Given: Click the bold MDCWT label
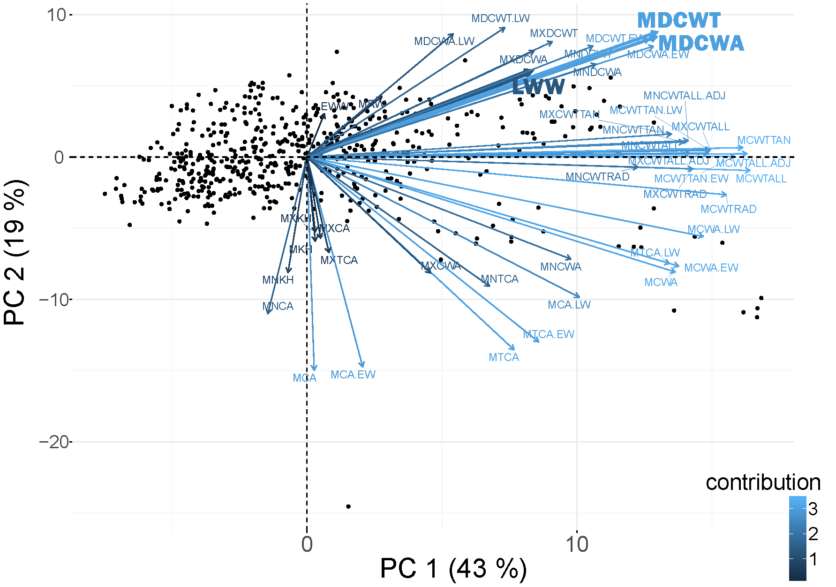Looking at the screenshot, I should point(678,21).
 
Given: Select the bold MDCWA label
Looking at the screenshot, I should point(701,44).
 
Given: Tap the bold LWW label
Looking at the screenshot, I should point(538,87).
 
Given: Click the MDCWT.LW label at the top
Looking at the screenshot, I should point(500,18).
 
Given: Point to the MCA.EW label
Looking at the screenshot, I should point(353,375).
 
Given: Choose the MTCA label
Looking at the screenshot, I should point(504,357).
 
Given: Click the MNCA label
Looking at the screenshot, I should point(278,306).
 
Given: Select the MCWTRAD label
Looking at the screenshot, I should point(728,209).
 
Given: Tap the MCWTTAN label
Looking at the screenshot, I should point(764,140).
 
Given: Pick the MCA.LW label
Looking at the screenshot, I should point(569,305).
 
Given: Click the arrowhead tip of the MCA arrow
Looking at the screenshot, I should point(314,370).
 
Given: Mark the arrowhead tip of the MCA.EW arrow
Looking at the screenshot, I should point(362,367).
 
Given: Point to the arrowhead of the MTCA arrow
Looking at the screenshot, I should point(514,350).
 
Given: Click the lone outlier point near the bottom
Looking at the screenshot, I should point(348,506).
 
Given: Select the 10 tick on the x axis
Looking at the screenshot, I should point(577,544).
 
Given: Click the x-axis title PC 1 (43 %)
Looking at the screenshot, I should point(453,569).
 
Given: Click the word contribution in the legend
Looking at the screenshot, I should point(763,482).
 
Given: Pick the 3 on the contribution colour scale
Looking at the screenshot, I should point(813,509).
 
